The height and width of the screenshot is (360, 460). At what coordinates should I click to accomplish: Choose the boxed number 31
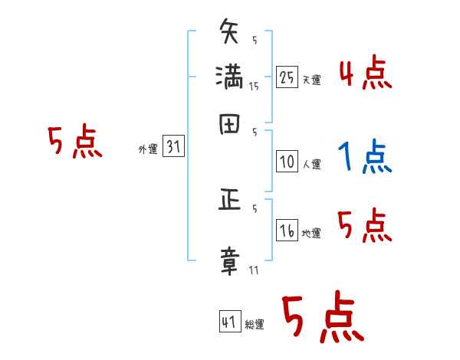pos(173,148)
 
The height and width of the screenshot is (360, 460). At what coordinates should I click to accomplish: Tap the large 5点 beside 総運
pos(322,318)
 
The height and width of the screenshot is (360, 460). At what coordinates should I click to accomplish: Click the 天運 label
pos(311,80)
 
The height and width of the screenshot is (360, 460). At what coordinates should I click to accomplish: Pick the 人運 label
pos(311,163)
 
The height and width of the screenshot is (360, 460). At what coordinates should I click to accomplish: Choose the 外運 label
pos(148,150)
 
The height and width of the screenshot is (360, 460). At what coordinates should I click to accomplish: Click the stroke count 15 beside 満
pos(254,87)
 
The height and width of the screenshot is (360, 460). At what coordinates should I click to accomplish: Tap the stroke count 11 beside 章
pos(254,270)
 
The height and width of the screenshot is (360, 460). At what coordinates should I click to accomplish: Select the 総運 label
pos(255,324)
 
